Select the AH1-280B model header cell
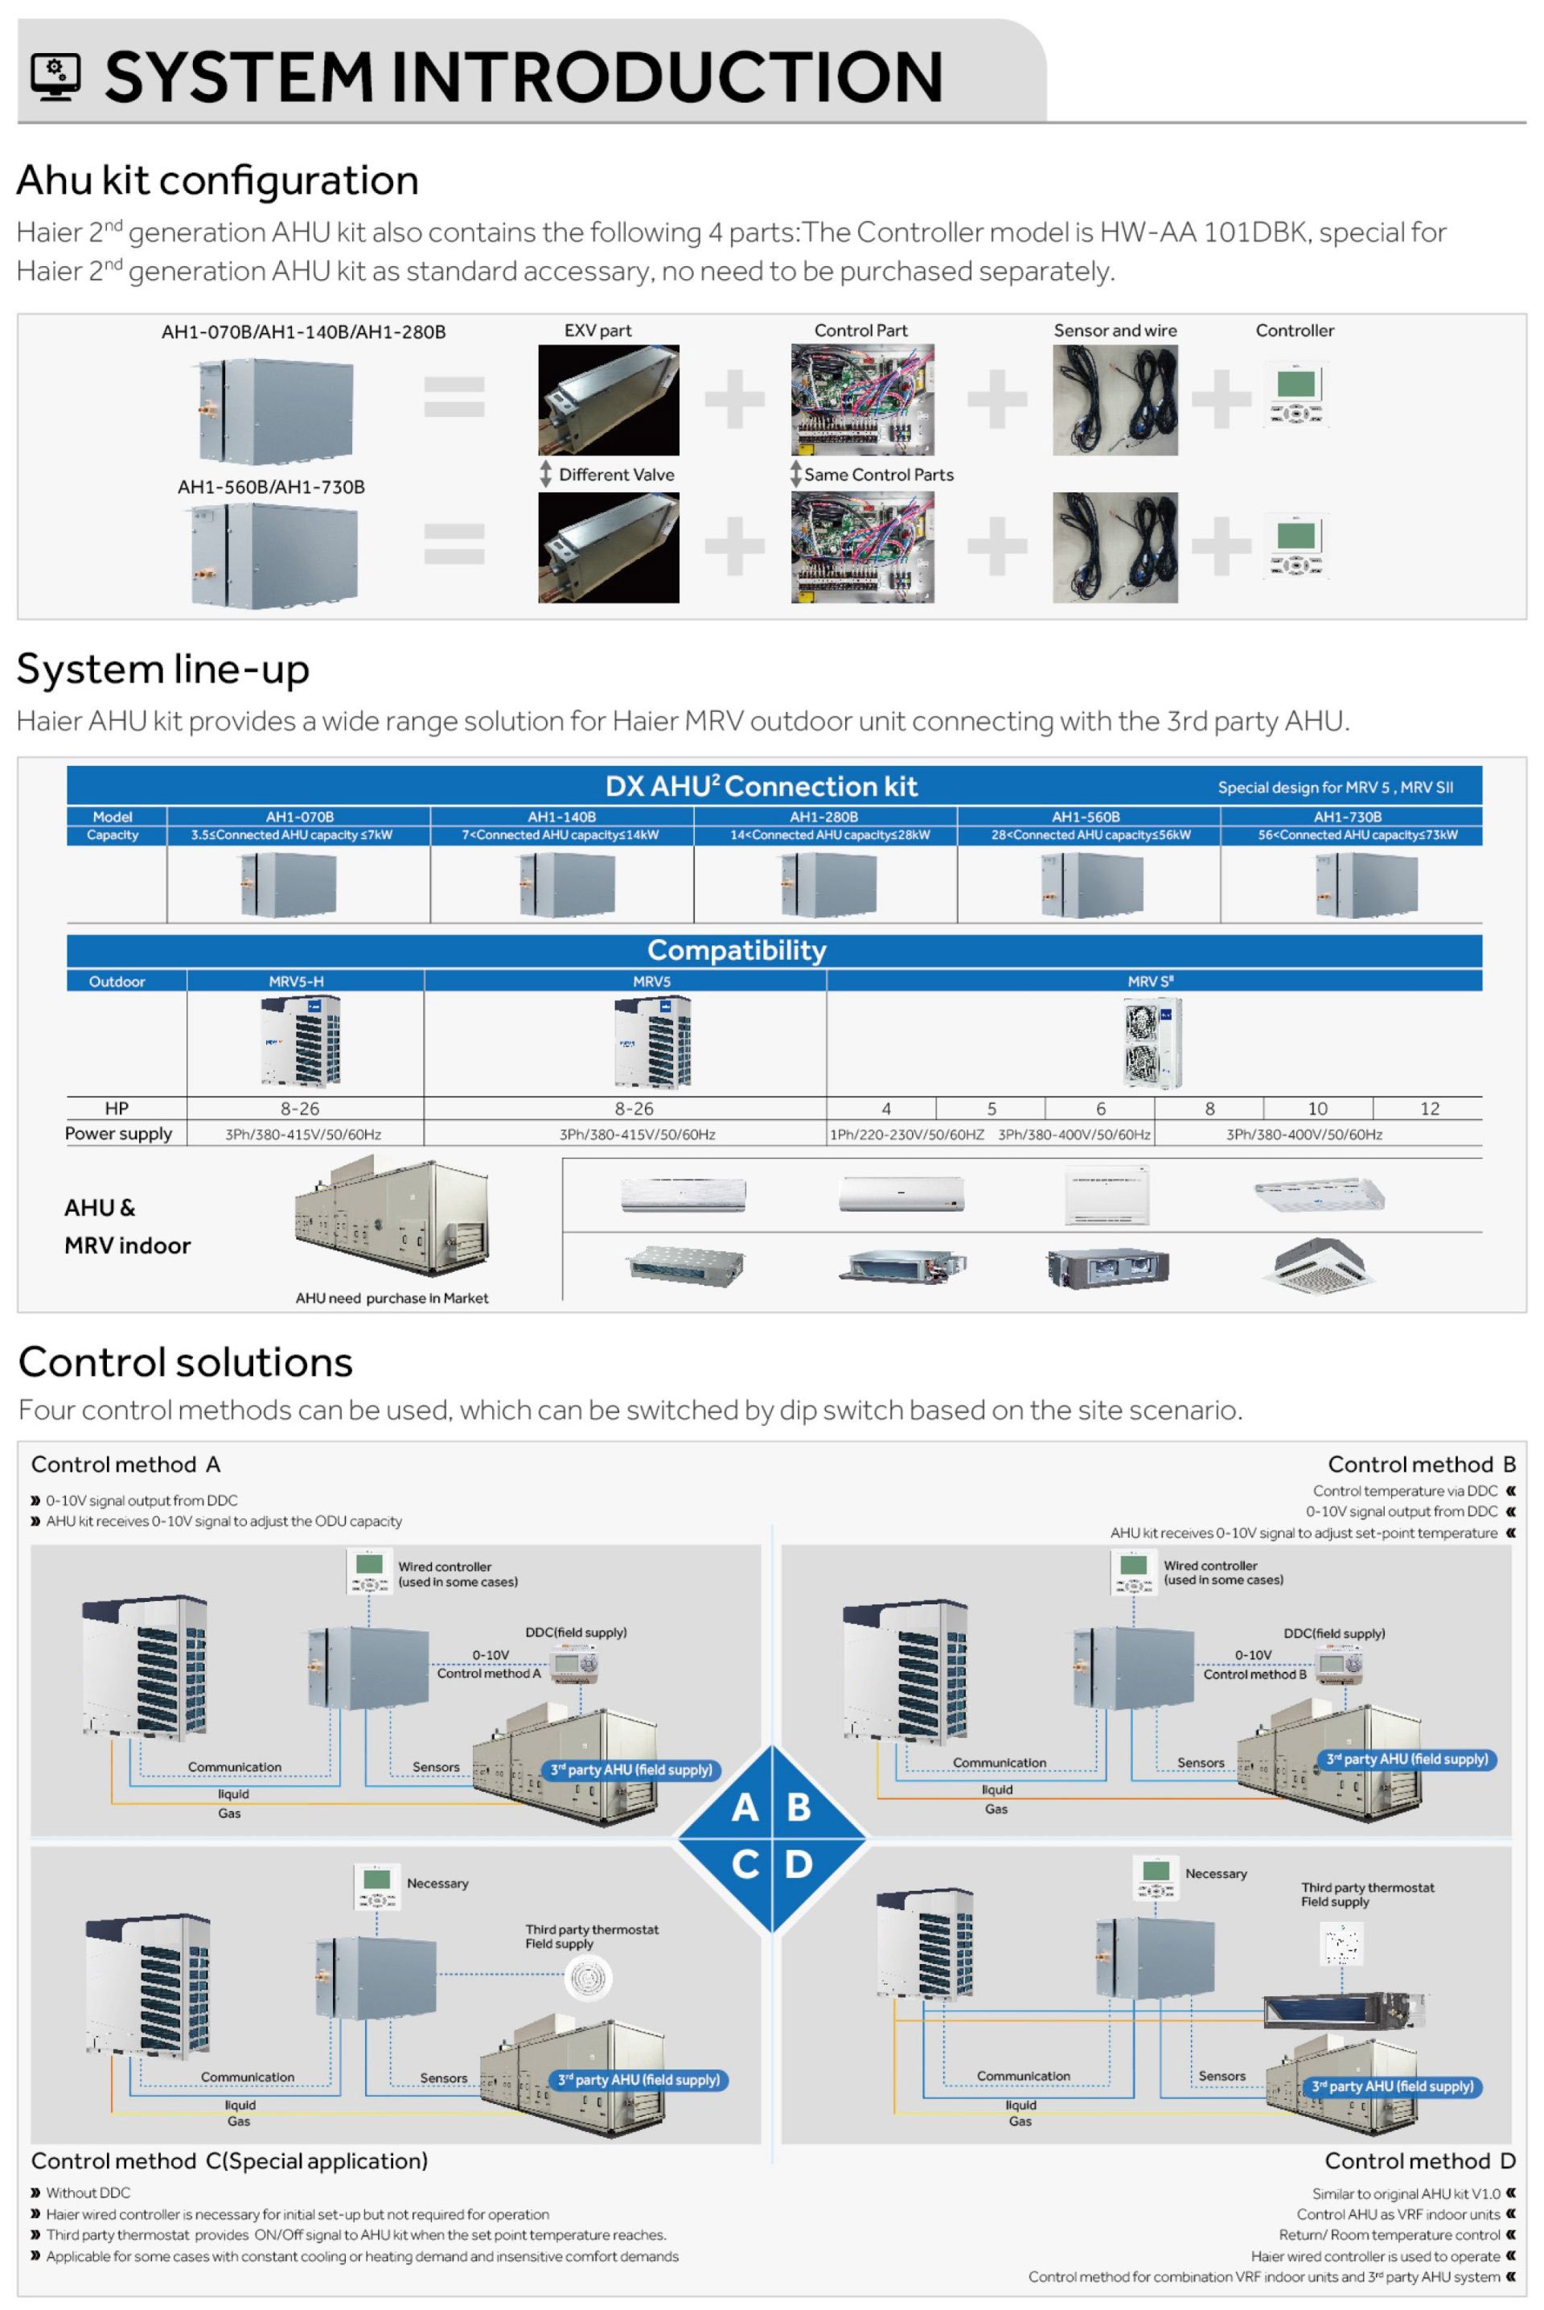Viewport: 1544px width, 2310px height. click(x=823, y=817)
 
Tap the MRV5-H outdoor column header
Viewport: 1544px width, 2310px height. click(x=297, y=981)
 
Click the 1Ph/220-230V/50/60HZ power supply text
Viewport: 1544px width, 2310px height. click(x=907, y=1134)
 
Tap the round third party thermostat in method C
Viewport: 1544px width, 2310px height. click(x=589, y=1977)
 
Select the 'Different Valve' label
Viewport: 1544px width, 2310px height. click(x=617, y=475)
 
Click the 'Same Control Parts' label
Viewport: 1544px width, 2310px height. click(x=878, y=475)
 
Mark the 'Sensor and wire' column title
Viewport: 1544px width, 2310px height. click(x=1115, y=331)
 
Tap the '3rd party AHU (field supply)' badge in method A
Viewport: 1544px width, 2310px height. click(x=631, y=1770)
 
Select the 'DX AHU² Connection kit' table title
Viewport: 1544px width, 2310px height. click(x=762, y=786)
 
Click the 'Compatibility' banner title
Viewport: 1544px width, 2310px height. click(x=737, y=950)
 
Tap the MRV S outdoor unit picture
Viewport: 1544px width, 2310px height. click(x=1152, y=1042)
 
